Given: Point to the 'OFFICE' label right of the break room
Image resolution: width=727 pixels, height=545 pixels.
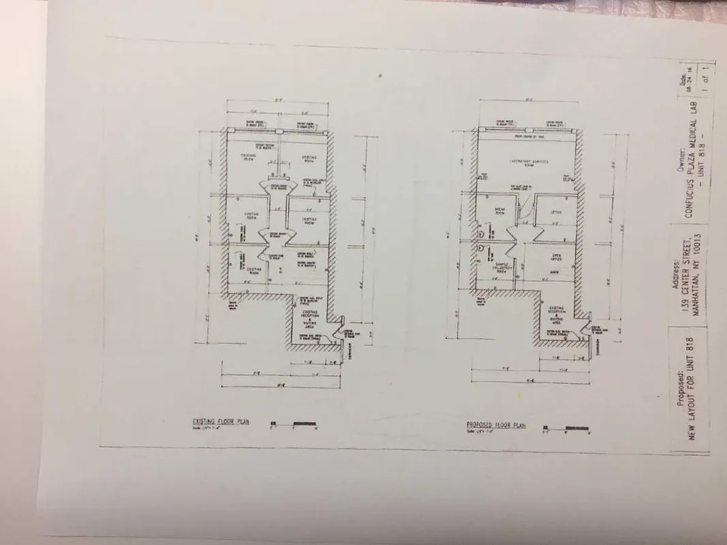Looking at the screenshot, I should (x=555, y=211).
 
